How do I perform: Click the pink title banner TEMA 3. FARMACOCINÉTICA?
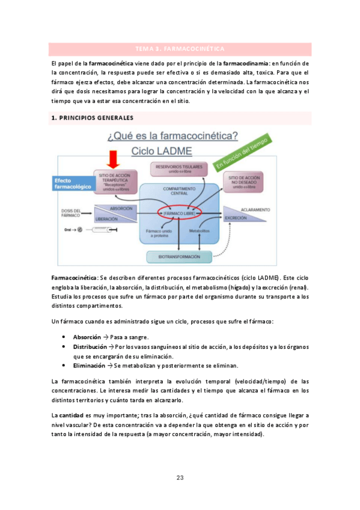tap(180, 48)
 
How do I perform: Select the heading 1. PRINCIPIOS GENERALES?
tap(91, 117)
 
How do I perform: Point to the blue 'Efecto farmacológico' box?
tap(72, 183)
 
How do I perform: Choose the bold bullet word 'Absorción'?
tap(87, 337)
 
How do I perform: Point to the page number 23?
tap(180, 478)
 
